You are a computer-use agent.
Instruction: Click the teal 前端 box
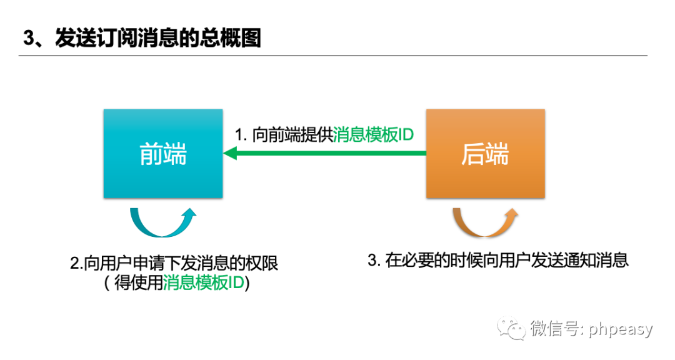[162, 154]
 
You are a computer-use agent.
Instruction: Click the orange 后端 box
[485, 154]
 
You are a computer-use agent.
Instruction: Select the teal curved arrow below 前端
[162, 221]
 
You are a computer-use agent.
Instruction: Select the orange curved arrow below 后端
[485, 221]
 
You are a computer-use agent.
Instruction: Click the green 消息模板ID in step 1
[373, 135]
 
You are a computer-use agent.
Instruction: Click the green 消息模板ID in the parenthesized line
[203, 283]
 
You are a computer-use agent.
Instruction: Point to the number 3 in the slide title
[28, 38]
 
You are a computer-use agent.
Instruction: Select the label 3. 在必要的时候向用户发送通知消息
[497, 261]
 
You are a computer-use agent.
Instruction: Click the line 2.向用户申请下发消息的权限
[174, 263]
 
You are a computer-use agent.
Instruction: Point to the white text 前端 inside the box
[162, 154]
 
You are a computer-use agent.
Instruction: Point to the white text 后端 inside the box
[485, 154]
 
